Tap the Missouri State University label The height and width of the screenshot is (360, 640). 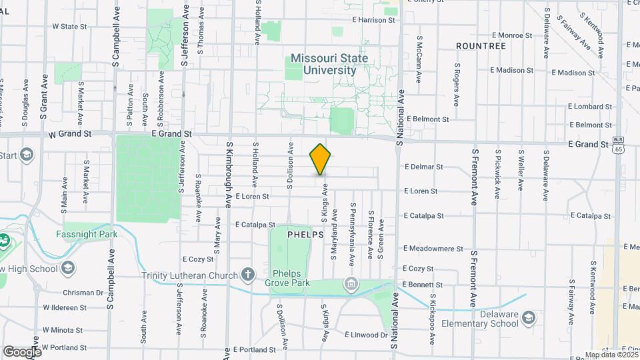point(329,64)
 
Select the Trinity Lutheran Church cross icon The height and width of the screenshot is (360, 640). point(248,275)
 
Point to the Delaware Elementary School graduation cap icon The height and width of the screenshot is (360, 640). point(529,317)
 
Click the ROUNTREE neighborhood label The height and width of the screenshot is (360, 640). point(481,45)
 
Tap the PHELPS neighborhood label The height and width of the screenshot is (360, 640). point(305,235)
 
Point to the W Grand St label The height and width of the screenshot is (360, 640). point(71,134)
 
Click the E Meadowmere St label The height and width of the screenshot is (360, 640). point(433,249)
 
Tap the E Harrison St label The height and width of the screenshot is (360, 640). point(373,20)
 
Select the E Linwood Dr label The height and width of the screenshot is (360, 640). point(367,335)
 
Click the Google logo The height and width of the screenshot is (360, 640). point(22,351)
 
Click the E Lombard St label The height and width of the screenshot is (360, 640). point(589,107)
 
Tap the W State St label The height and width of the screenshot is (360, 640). point(70,27)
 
